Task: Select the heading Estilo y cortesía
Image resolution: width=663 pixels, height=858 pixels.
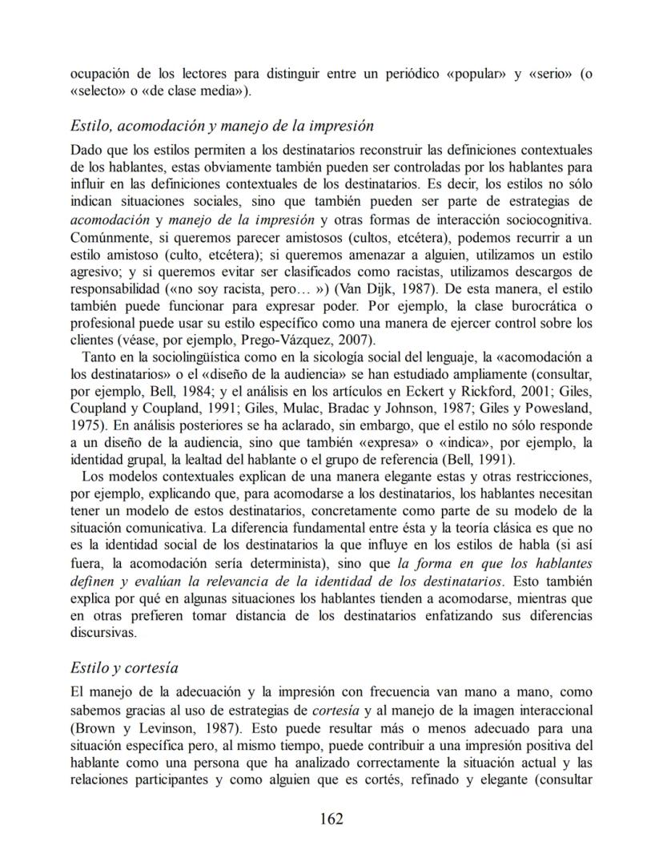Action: pos(124,667)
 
